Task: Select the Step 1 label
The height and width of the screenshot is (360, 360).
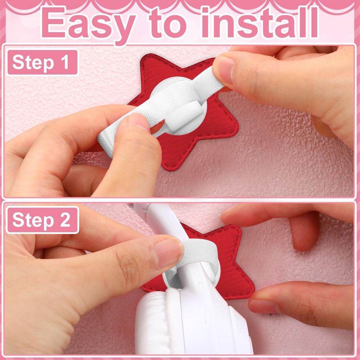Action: (x=42, y=62)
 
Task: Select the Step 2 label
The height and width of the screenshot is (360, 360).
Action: (x=42, y=220)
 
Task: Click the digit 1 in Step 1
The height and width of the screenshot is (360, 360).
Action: (x=65, y=62)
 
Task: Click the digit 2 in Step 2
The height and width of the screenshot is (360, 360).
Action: (x=65, y=220)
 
